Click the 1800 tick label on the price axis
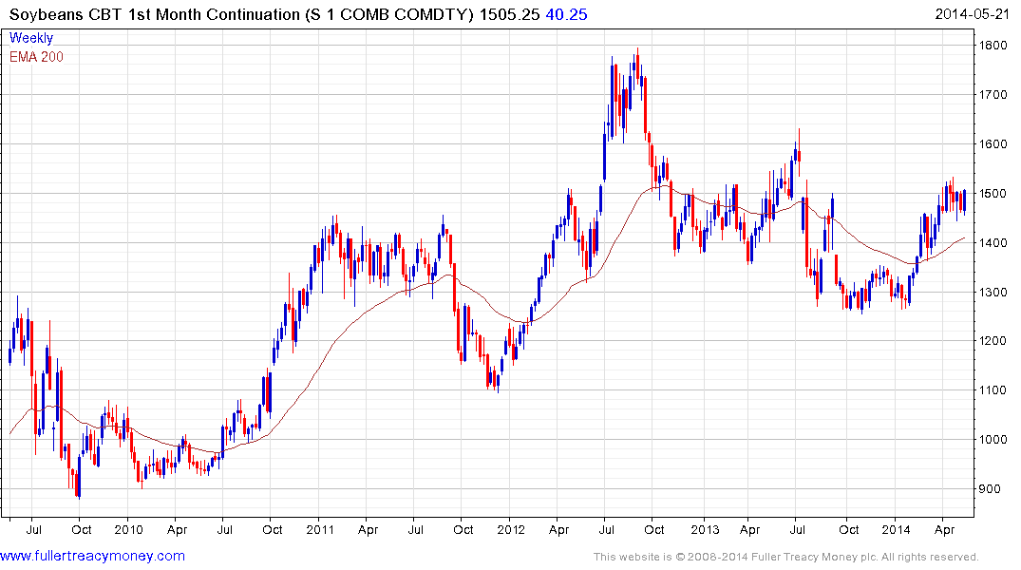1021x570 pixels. click(993, 46)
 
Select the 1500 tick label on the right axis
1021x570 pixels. click(993, 194)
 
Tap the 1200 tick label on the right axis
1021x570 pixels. click(993, 341)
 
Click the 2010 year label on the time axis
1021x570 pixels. click(128, 529)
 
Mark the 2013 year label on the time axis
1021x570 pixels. click(704, 529)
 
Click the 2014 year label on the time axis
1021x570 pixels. click(896, 529)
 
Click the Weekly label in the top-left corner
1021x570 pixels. click(31, 38)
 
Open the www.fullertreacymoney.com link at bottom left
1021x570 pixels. click(92, 556)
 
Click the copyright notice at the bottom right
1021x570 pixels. click(785, 557)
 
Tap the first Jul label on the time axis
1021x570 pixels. click(33, 529)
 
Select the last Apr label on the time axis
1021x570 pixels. click(944, 529)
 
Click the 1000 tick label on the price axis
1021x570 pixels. click(993, 440)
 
